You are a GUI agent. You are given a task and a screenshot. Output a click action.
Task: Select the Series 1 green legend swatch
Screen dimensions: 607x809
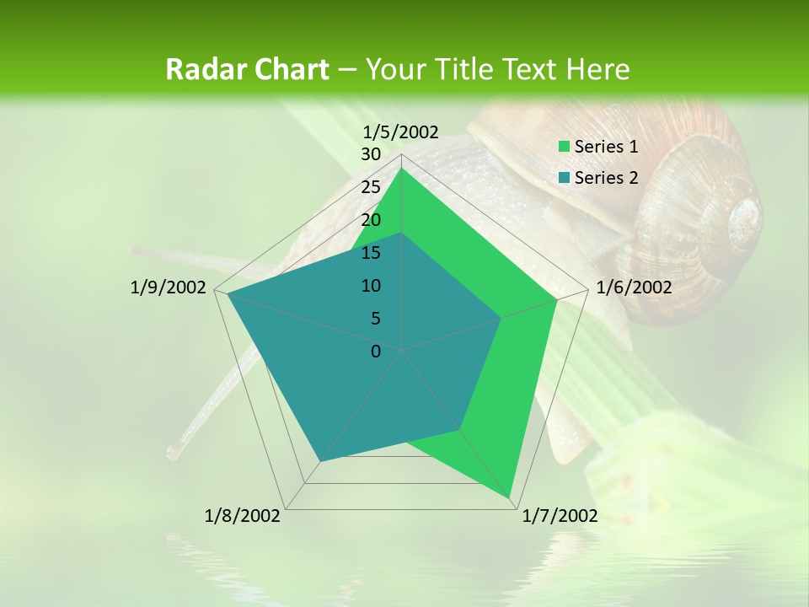(x=564, y=148)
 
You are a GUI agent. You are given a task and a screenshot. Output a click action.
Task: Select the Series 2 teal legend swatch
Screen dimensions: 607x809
(x=564, y=178)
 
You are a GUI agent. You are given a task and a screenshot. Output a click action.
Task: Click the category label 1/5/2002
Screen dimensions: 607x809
(x=401, y=132)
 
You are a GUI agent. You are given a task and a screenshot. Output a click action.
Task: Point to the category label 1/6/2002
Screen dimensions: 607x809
(x=634, y=288)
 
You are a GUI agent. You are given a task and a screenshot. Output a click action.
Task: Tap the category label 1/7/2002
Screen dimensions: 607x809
(x=560, y=516)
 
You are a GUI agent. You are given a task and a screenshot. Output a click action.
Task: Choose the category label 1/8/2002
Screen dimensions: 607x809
(x=243, y=516)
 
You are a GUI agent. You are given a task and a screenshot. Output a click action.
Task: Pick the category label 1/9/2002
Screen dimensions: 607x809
(x=169, y=288)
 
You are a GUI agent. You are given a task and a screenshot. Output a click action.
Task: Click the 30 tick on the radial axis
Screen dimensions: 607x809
(x=371, y=154)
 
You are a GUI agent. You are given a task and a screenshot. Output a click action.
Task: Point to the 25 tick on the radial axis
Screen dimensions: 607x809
(x=371, y=187)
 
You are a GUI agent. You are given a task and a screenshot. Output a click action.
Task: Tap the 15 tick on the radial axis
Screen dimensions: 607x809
(x=371, y=253)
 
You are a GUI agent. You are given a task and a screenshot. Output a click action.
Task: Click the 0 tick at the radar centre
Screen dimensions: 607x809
(x=376, y=352)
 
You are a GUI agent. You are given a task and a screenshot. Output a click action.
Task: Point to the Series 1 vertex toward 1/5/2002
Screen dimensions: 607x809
(x=402, y=168)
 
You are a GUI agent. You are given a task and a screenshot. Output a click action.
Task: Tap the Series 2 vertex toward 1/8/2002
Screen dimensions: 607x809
(x=320, y=461)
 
